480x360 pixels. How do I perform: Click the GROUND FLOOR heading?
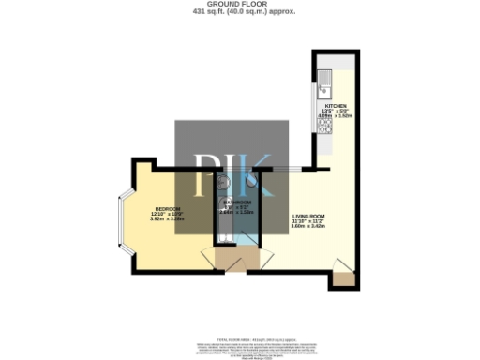pyautogui.click(x=240, y=5)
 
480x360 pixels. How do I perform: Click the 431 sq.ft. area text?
pyautogui.click(x=240, y=12)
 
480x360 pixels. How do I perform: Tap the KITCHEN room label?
pyautogui.click(x=336, y=106)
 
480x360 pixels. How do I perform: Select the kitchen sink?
pyautogui.click(x=322, y=88)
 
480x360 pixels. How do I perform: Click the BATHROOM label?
pyautogui.click(x=236, y=202)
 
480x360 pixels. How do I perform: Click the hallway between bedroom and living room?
pyautogui.click(x=230, y=258)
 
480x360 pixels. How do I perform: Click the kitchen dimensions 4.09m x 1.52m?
pyautogui.click(x=337, y=116)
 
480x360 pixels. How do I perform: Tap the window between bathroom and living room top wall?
pyautogui.click(x=287, y=170)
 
